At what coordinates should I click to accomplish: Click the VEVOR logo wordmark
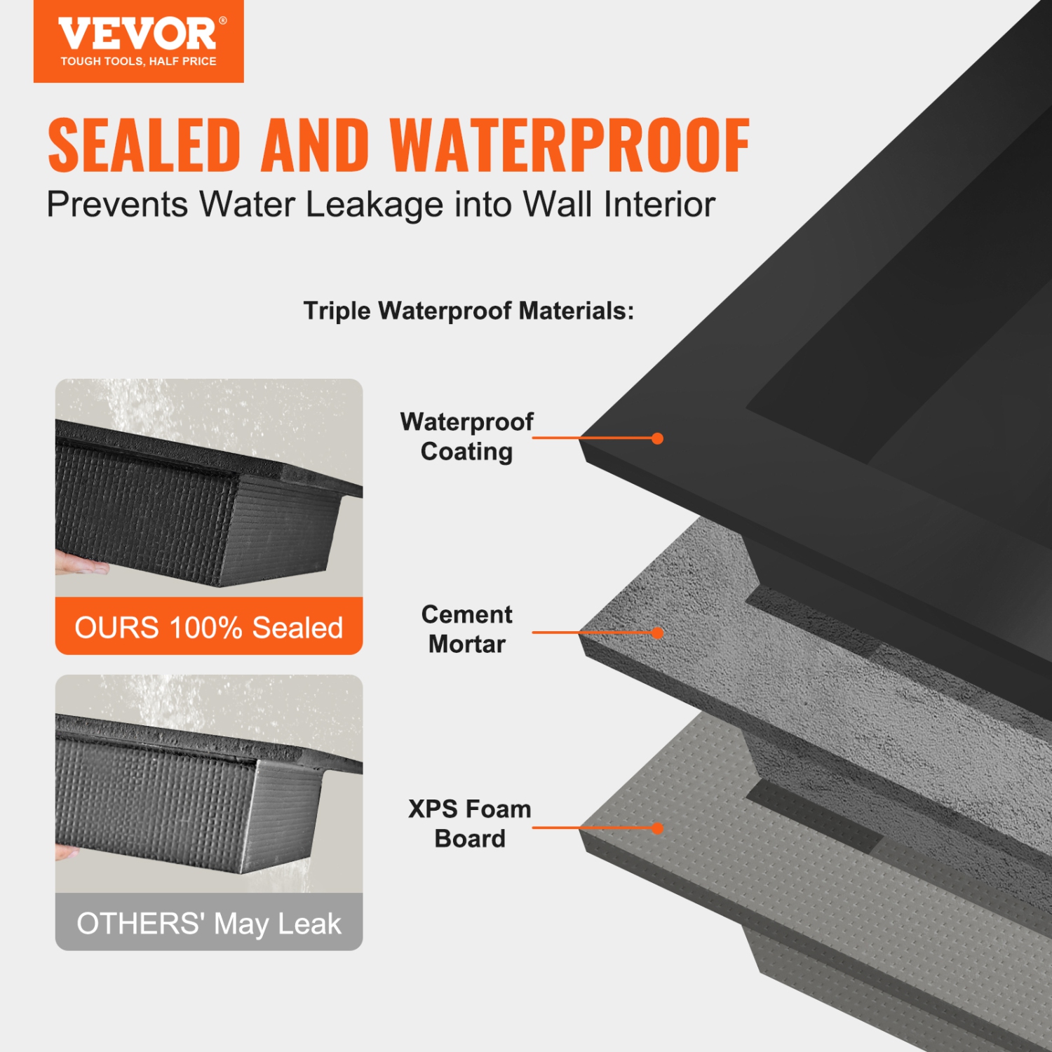[137, 34]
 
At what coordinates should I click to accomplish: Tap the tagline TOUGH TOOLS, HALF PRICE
[138, 62]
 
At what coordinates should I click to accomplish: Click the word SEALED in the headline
[144, 145]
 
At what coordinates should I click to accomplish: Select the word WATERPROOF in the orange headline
[569, 145]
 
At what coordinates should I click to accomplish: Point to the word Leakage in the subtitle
[375, 205]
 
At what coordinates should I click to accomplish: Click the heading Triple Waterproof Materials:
[468, 311]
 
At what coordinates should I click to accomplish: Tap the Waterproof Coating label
[466, 436]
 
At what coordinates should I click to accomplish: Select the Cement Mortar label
[466, 629]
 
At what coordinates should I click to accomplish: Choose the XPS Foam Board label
[469, 823]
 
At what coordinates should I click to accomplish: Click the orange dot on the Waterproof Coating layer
[657, 438]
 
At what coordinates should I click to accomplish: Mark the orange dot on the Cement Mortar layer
[657, 633]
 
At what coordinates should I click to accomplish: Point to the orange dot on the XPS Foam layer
[657, 828]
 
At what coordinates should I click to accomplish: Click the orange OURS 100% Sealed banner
[209, 627]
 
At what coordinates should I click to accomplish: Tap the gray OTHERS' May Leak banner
[209, 923]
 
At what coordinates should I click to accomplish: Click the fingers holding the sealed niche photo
[81, 563]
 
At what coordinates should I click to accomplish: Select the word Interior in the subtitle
[659, 205]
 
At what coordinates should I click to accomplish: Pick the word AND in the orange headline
[315, 145]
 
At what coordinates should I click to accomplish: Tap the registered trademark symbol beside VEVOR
[223, 21]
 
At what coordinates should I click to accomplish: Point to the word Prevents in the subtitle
[117, 205]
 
